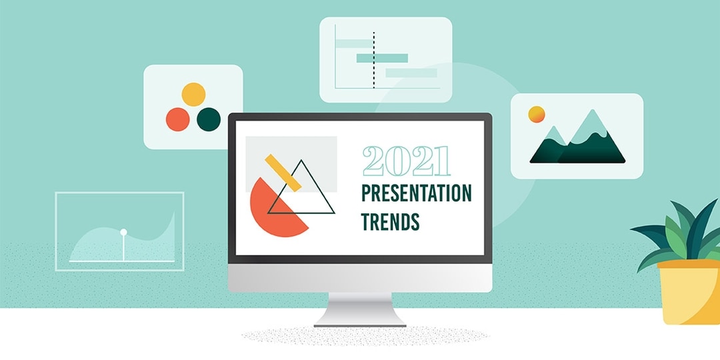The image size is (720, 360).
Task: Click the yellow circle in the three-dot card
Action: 193,95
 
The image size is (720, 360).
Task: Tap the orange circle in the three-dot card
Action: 178,119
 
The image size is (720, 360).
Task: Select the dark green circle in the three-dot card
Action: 209,119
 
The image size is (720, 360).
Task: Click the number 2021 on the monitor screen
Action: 406,161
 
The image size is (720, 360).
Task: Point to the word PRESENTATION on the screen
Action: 416,194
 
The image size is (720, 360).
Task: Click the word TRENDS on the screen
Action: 390,221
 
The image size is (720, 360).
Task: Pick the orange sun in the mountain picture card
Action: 537,115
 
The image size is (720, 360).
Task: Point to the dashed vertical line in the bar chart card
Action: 374,60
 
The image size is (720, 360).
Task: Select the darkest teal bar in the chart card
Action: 382,58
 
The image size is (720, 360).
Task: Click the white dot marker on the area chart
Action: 123,232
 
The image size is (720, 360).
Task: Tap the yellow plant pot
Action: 689,293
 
